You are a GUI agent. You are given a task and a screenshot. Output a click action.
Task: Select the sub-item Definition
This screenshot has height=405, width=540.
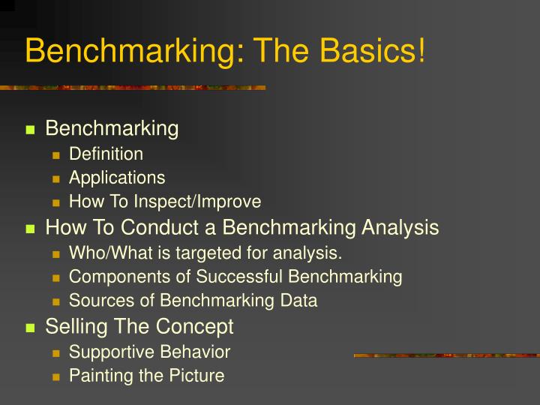tap(106, 154)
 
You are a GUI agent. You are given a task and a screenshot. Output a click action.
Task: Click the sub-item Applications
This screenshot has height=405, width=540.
tap(117, 178)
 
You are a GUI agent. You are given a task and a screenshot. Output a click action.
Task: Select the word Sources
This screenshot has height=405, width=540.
tap(97, 301)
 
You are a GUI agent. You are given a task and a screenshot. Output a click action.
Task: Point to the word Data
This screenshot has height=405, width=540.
tap(300, 301)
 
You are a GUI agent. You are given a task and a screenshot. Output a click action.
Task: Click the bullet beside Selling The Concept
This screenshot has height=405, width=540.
tap(31, 328)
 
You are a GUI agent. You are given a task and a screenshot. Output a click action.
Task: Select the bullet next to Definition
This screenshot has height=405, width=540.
tap(56, 155)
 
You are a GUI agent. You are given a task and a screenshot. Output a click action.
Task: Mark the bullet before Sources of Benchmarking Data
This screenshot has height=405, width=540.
tap(56, 301)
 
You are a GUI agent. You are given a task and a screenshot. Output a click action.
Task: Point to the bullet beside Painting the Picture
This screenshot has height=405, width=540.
tap(56, 376)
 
